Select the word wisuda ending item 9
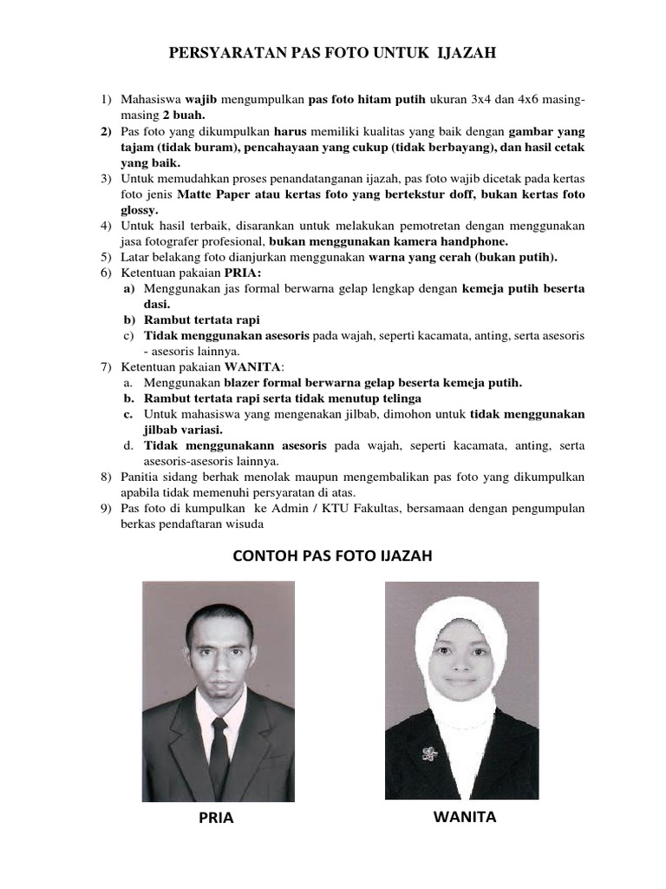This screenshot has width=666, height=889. [242, 524]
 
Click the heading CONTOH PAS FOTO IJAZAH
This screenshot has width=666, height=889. [332, 556]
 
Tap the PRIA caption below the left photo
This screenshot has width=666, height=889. [216, 818]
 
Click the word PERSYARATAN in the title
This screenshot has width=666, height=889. [224, 54]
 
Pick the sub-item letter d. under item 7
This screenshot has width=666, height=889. [127, 445]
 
